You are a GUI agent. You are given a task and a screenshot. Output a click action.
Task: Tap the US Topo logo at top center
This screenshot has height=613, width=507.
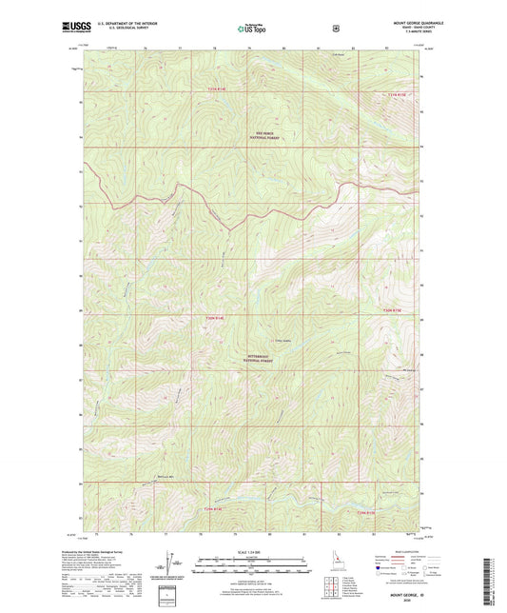pos(253,30)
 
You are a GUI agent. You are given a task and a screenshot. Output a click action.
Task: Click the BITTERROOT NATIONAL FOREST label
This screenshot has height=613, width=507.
pos(265,361)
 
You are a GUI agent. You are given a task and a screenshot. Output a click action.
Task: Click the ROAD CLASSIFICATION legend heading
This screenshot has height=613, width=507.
pos(407,551)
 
